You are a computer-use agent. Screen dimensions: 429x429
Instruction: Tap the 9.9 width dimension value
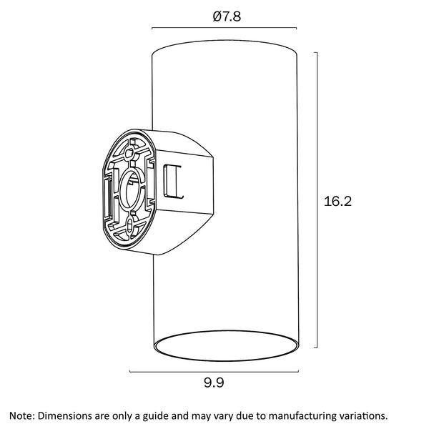214,383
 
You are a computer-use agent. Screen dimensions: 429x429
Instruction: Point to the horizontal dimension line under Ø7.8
225,29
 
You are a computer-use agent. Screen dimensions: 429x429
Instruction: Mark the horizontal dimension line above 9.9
214,371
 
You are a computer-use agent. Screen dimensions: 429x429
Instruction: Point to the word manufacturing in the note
301,415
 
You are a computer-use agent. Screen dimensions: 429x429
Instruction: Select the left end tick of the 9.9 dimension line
130,371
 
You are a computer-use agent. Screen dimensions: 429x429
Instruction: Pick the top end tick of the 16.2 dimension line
317,51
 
